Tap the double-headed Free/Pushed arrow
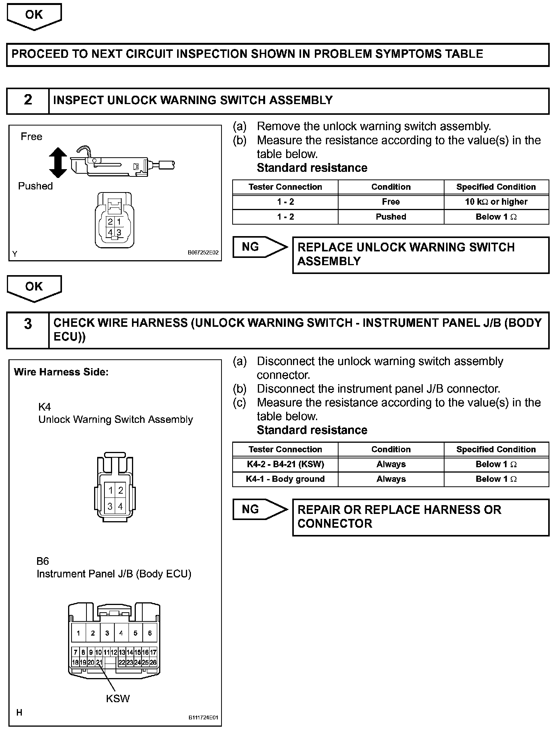tap(58, 162)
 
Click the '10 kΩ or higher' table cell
tap(496, 202)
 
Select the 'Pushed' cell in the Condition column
tap(391, 217)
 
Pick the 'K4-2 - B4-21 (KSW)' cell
tap(285, 464)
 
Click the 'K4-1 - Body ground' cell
tap(285, 479)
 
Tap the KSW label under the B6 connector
tap(118, 698)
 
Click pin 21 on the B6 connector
tap(99, 662)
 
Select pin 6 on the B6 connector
tap(150, 633)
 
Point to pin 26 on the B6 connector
tap(153, 662)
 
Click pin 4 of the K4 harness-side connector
tap(121, 506)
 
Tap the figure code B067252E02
tap(203, 253)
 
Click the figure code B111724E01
tap(203, 718)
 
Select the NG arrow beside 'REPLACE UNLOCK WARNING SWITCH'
tap(259, 247)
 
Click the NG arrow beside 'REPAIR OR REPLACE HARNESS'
tap(259, 509)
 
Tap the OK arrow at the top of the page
tap(34, 16)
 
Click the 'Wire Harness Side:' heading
tap(61, 372)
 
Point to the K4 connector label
tap(44, 406)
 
